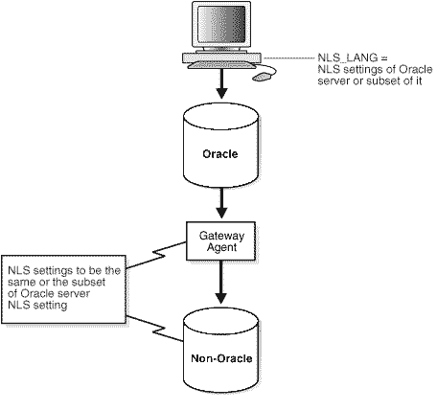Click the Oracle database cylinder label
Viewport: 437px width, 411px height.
coord(221,152)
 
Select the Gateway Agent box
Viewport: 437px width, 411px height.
coord(221,239)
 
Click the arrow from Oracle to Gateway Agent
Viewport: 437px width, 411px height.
coord(221,203)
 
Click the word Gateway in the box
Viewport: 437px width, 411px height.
coord(221,233)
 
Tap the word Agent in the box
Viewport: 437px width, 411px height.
coord(221,245)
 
